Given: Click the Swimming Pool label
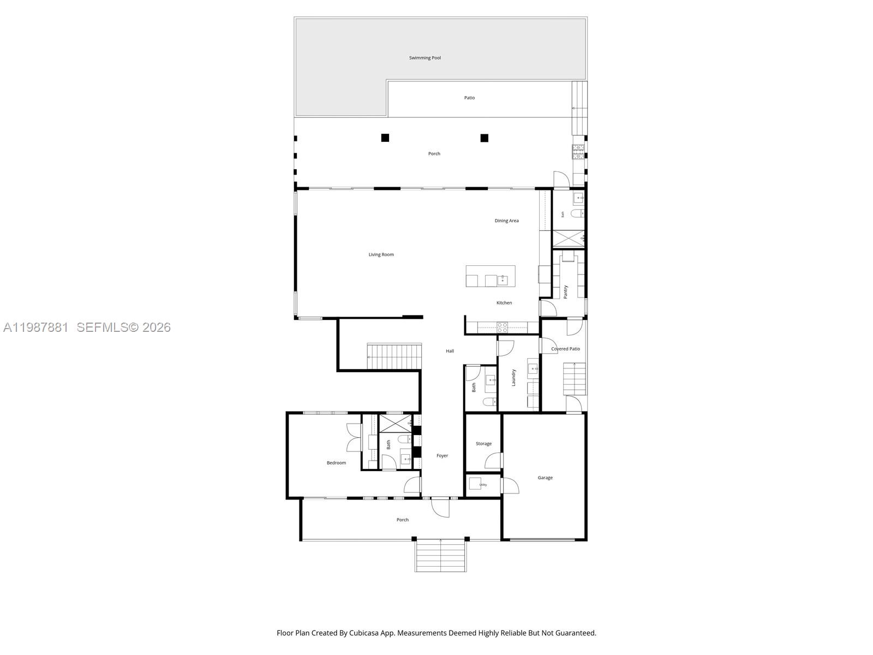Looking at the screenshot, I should pyautogui.click(x=425, y=58).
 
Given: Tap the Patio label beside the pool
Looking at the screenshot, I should pyautogui.click(x=469, y=98).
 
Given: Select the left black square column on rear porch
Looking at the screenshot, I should pyautogui.click(x=385, y=138).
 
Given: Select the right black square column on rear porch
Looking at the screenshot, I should pyautogui.click(x=484, y=138).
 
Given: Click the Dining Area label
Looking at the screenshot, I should pyautogui.click(x=506, y=221).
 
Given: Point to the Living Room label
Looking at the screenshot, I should pyautogui.click(x=381, y=254).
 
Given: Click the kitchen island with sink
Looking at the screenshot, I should pyautogui.click(x=490, y=276).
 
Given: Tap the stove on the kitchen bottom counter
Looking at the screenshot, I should pyautogui.click(x=502, y=327).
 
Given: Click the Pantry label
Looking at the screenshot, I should pyautogui.click(x=566, y=291).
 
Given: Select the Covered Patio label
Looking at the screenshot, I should pyautogui.click(x=565, y=349).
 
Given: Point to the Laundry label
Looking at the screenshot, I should pyautogui.click(x=513, y=378).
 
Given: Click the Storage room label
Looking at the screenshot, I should pyautogui.click(x=483, y=444).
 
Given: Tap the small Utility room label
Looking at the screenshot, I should pyautogui.click(x=483, y=485).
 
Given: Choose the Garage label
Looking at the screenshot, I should pyautogui.click(x=545, y=478).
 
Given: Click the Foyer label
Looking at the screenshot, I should pyautogui.click(x=442, y=455).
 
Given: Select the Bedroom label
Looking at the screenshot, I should pyautogui.click(x=336, y=463).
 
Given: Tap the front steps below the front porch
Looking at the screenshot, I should pyautogui.click(x=440, y=555).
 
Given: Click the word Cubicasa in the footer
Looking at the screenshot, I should pyautogui.click(x=373, y=633).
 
